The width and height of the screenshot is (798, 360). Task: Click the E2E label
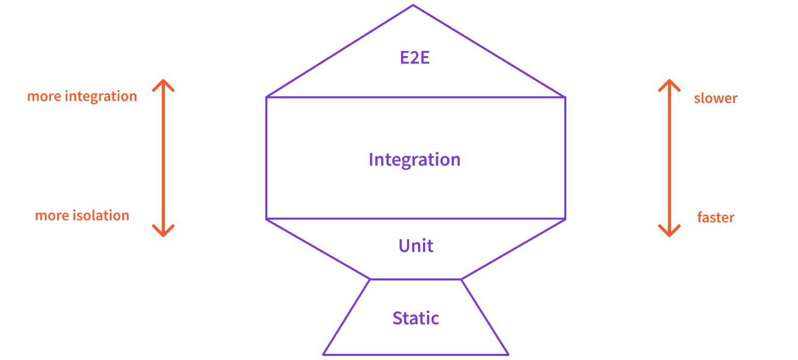(x=415, y=58)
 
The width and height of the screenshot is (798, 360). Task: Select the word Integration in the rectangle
(x=414, y=160)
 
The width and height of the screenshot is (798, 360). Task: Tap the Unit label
(x=416, y=246)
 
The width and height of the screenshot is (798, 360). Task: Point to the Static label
(x=416, y=318)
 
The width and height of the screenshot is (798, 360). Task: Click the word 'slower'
(x=715, y=98)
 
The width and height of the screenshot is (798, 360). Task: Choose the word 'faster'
(x=715, y=217)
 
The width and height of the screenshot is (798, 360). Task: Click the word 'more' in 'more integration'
(x=44, y=96)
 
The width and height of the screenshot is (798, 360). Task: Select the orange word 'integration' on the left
(x=101, y=96)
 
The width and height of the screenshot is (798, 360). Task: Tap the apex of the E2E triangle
(x=413, y=6)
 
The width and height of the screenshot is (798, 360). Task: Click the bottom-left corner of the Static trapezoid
(x=324, y=354)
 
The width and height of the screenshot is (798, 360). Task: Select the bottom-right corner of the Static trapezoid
(x=508, y=354)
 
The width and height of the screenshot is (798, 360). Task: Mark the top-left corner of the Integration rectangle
(x=267, y=97)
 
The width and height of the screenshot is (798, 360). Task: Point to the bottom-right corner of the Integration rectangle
(x=565, y=219)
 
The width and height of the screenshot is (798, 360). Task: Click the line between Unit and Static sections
(x=416, y=279)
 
